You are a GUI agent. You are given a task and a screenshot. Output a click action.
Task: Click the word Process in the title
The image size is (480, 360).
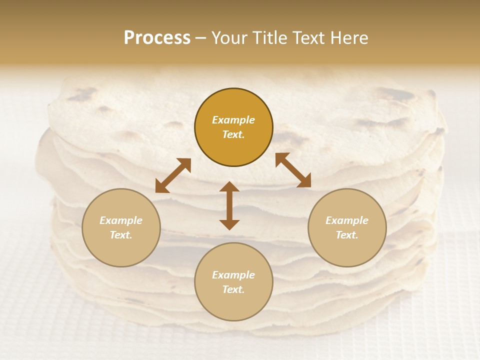pyautogui.click(x=157, y=38)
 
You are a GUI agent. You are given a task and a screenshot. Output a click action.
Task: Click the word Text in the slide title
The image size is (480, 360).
pyautogui.click(x=309, y=38)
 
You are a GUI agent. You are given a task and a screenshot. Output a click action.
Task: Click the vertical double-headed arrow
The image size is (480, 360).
pyautogui.click(x=229, y=205)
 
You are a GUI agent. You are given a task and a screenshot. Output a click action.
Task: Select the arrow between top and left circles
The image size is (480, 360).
pyautogui.click(x=173, y=175)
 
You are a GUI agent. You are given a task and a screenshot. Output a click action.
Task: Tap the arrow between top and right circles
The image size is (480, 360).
pyautogui.click(x=293, y=170)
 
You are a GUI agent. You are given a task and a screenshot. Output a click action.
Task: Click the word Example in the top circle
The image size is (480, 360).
pyautogui.click(x=233, y=120)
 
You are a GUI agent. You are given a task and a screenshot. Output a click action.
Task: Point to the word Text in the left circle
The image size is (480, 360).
pyautogui.click(x=121, y=235)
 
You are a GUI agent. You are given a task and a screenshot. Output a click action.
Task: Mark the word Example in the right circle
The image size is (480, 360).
pyautogui.click(x=347, y=220)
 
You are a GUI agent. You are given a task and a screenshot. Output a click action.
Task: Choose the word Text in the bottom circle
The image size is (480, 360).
pyautogui.click(x=233, y=289)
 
